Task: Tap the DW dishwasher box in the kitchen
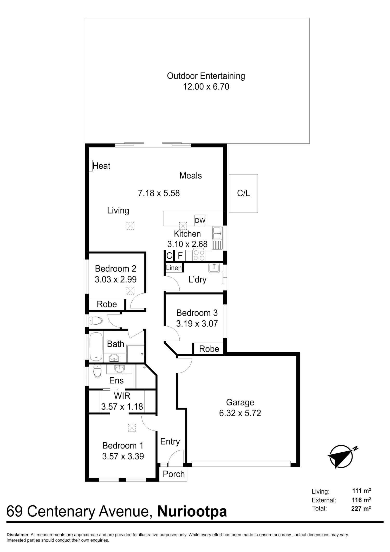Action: coord(200,221)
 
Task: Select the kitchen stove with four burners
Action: coord(199,255)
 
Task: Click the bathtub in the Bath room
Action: coord(96,347)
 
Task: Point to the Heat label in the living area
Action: coord(101,166)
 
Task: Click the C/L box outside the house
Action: coord(243,193)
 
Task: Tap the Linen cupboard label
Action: coord(174,268)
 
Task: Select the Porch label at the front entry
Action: coord(174,474)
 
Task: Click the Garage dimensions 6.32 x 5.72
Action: coord(240,413)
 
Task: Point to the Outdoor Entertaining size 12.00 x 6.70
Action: coord(206,87)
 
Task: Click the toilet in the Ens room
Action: coord(97,371)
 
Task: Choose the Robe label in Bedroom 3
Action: coord(209,349)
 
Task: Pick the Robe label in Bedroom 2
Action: coord(107,304)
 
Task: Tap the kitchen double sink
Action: coord(217,233)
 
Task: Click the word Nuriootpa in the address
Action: coord(192,511)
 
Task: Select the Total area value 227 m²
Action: coord(361,508)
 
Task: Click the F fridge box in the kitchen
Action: coord(180,256)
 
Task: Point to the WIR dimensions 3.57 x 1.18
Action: coord(122,407)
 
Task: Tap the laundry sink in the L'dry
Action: coord(214,268)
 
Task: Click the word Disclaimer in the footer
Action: coord(18,535)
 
